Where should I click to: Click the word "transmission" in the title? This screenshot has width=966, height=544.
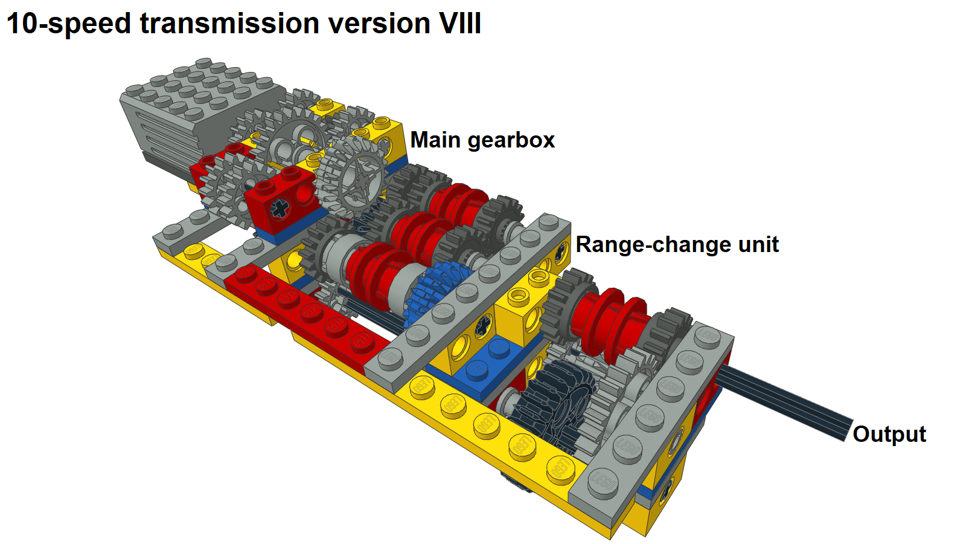[x=229, y=23]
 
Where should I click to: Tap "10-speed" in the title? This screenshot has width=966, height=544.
[x=69, y=24]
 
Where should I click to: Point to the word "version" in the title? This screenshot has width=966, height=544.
[x=379, y=24]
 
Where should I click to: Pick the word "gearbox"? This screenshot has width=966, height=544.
[x=511, y=141]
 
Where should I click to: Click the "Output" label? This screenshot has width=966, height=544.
[x=889, y=435]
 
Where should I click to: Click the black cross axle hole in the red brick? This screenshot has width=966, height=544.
[x=280, y=209]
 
